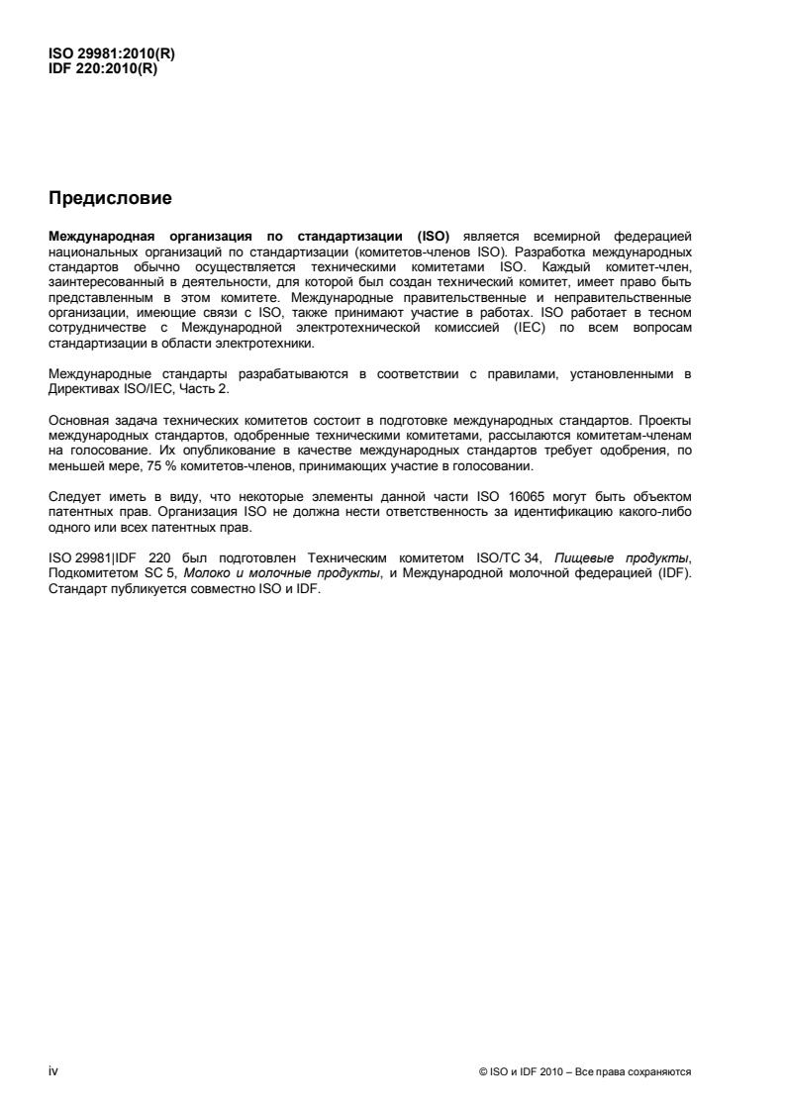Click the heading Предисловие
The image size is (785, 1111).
(110, 199)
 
